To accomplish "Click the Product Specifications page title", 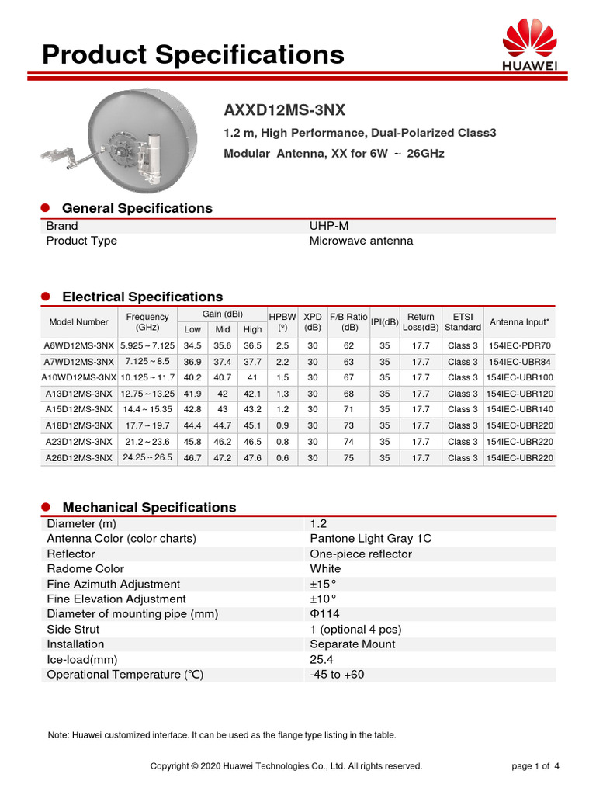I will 192,54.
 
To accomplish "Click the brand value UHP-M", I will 329,226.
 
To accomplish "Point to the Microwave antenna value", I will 361,241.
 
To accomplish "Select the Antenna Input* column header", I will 520,321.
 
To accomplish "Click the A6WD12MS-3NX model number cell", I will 79,345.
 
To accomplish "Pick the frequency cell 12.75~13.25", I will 147,394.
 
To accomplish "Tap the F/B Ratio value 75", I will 348,458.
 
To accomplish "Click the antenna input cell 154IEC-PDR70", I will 520,345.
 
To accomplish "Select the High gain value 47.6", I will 252,458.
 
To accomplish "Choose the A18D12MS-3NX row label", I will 78,425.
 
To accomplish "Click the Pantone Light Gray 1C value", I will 370,539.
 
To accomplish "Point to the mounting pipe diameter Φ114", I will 324,614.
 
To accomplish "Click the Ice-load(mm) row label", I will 81,660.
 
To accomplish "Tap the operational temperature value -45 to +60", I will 337,675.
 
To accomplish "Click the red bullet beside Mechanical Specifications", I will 45,507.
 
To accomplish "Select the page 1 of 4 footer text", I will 535,766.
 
